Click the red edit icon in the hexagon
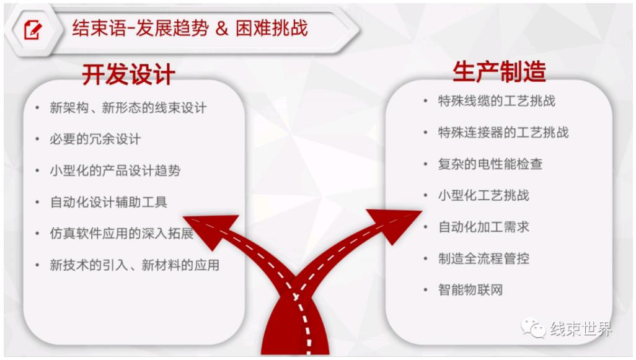(x=32, y=29)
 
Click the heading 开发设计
(x=128, y=74)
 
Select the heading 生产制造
(x=499, y=72)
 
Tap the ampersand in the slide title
(x=221, y=29)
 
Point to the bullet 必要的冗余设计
(x=95, y=139)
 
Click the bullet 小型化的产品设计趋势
(x=115, y=170)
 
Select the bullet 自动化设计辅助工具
(x=108, y=202)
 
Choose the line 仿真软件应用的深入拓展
(x=121, y=234)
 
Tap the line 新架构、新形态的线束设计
(x=128, y=108)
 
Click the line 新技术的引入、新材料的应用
(x=135, y=265)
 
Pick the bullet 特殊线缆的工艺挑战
(x=497, y=101)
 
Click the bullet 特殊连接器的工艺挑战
(x=503, y=133)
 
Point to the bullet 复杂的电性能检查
(x=490, y=164)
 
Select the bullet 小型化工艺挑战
(x=484, y=195)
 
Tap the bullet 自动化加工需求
(x=484, y=227)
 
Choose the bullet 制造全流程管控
(x=484, y=258)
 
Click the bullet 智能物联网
(x=470, y=290)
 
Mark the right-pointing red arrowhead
(x=394, y=224)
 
